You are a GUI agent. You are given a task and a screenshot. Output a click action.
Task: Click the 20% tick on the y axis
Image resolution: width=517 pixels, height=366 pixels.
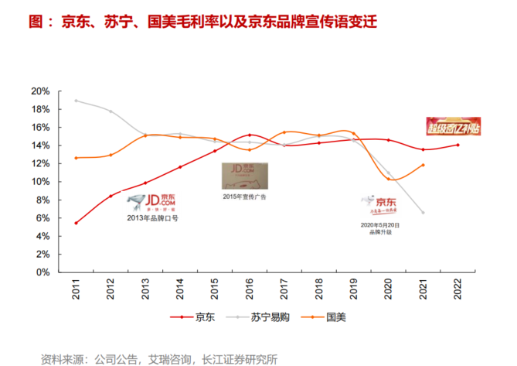[x=39, y=91]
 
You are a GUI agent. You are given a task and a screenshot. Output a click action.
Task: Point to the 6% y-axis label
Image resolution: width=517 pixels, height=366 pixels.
[x=42, y=218]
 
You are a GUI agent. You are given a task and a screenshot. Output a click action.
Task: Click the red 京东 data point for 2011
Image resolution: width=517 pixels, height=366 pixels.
[x=76, y=223]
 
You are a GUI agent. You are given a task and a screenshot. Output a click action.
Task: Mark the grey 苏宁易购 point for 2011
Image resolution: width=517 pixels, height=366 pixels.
[x=76, y=101]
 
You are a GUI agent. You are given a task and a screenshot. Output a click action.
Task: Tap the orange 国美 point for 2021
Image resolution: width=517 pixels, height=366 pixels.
[x=423, y=165]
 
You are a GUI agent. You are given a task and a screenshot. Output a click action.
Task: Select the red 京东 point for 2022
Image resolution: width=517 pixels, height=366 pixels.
[x=457, y=145]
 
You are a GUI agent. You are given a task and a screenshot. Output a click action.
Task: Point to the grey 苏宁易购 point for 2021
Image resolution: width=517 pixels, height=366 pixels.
[x=423, y=212]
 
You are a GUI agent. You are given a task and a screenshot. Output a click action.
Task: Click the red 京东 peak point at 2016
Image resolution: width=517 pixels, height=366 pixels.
[x=249, y=135]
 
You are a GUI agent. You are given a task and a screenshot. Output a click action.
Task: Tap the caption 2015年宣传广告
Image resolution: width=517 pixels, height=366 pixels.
[x=244, y=197]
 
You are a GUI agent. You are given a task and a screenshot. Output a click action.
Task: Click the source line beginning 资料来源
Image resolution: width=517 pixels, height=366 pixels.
[x=158, y=358]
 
